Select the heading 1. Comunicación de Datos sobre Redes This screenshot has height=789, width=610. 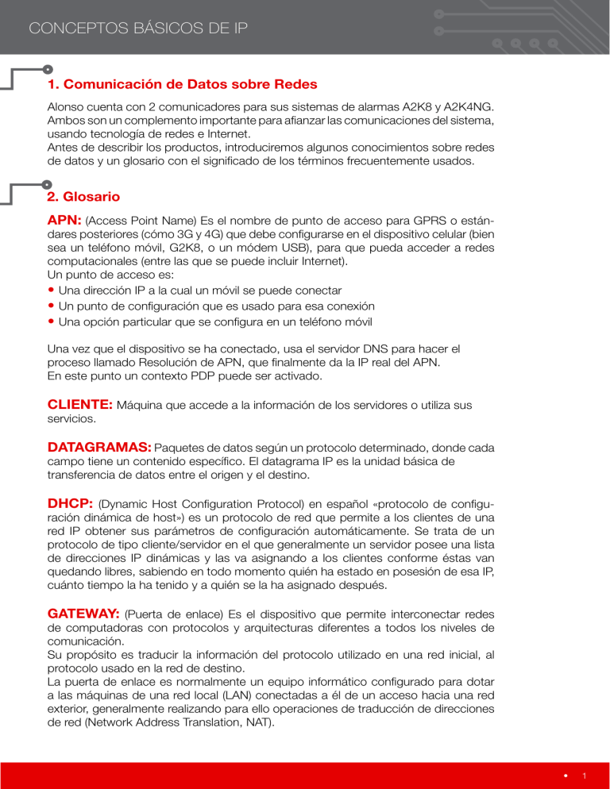pos(183,84)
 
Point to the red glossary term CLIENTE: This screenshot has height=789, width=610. pos(81,405)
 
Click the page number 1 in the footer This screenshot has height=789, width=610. pos(584,776)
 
